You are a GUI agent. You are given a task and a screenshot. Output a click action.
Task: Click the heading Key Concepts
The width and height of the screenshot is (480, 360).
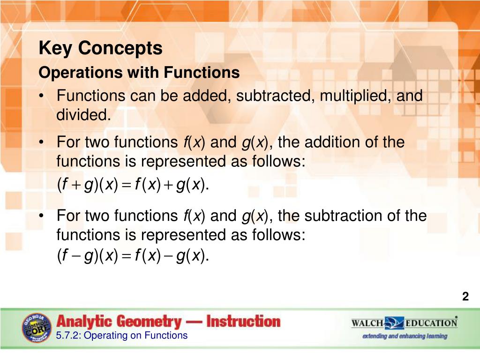click(100, 48)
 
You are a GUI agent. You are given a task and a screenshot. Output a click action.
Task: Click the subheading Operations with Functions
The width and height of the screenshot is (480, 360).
click(139, 73)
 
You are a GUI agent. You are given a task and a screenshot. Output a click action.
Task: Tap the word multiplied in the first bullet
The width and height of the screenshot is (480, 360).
click(356, 96)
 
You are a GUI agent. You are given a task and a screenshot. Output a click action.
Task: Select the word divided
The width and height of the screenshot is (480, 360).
click(83, 115)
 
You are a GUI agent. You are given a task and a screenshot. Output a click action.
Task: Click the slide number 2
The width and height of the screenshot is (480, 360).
click(465, 296)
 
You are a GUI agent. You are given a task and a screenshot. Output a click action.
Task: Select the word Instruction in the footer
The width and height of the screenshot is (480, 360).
click(243, 322)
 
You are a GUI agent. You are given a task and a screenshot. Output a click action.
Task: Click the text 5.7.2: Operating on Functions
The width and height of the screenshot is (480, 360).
click(121, 335)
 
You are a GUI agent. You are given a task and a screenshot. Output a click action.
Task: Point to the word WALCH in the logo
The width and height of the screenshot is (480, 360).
click(367, 323)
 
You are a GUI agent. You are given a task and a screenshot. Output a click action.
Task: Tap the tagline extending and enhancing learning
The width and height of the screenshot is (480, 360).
click(405, 336)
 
